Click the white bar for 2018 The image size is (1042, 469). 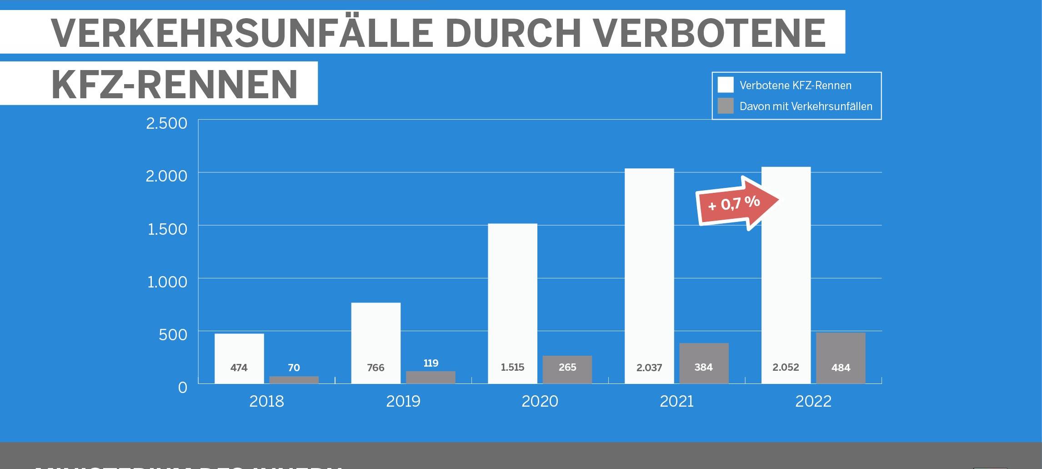point(239,350)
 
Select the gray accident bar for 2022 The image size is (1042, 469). point(841,350)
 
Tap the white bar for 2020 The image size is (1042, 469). point(512,296)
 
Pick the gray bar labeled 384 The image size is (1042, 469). point(704,359)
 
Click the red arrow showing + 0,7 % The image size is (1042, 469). point(736,203)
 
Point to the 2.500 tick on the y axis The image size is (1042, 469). point(166,123)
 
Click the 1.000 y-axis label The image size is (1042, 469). point(167,282)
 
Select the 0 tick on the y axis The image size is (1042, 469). point(182,388)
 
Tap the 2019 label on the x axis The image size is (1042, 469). point(403,401)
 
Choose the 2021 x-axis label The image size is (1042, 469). point(676,401)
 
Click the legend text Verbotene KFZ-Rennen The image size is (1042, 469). point(795,86)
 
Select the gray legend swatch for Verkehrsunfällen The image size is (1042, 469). point(726,106)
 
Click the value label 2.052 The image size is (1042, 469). point(786,367)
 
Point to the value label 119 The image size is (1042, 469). point(431,363)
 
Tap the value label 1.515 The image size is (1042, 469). point(512,367)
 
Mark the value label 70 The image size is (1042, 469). point(294,368)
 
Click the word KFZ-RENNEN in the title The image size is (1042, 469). point(175,85)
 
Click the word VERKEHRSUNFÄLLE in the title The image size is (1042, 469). point(242,34)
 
